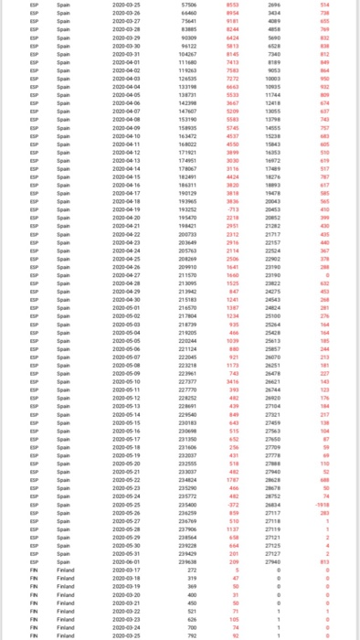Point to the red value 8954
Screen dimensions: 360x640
(x=233, y=14)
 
